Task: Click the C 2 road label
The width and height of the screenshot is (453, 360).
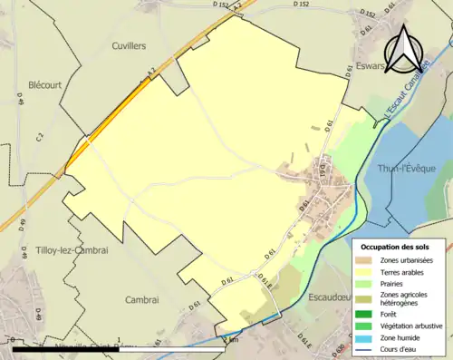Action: [39, 137]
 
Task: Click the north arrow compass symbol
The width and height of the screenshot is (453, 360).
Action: [405, 45]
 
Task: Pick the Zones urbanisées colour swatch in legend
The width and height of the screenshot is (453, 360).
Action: [370, 260]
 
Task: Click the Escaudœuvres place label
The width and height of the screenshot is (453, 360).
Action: [334, 296]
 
